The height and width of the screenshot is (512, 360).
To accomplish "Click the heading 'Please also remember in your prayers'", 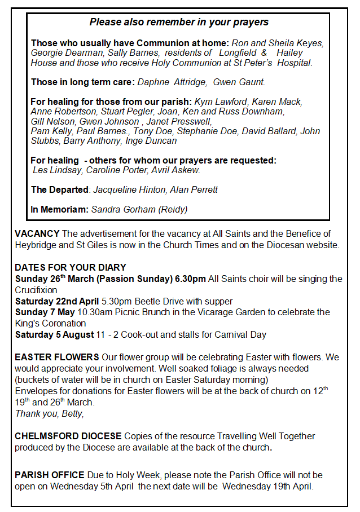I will coord(179,23).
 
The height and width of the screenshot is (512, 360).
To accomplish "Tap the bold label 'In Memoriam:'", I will coord(59,209).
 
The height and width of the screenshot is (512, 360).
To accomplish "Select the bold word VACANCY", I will coord(37,233).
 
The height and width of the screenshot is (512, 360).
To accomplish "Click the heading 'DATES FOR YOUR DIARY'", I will coord(71,267).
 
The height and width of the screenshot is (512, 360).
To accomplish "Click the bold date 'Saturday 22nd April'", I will coord(57,301).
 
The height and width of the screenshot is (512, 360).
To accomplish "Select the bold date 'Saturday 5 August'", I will coord(55,335).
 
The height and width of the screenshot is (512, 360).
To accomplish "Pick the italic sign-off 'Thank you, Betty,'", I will coord(49,414).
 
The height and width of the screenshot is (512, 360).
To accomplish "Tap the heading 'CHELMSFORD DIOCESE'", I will coord(68,436).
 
